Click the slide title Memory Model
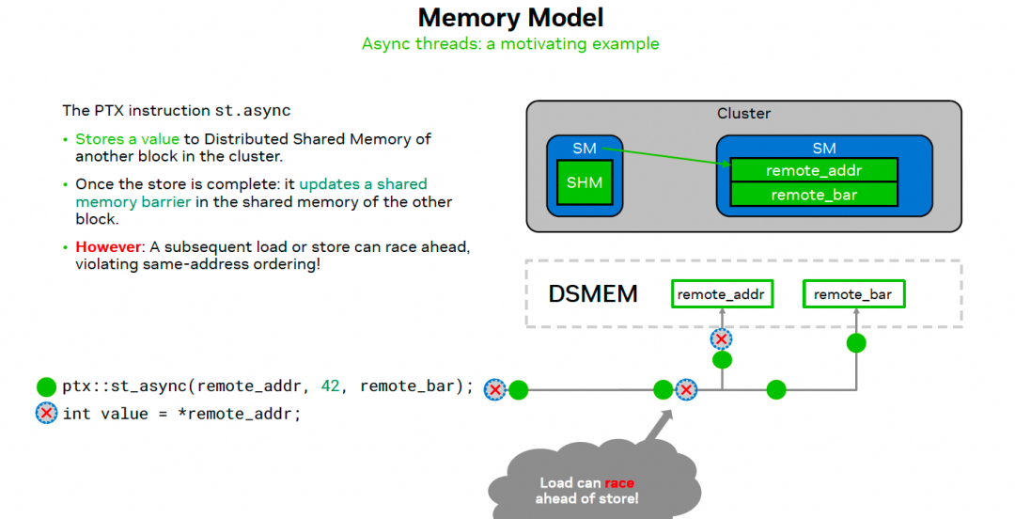[x=510, y=17]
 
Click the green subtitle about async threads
[x=510, y=43]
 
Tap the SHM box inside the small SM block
[x=584, y=183]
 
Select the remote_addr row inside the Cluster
[x=815, y=170]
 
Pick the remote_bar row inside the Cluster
[x=815, y=195]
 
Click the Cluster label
[x=743, y=113]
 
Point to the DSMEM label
[x=593, y=294]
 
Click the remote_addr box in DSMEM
[x=722, y=294]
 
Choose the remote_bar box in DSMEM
[x=853, y=294]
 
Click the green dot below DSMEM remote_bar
[x=855, y=342]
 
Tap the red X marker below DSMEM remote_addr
[x=721, y=338]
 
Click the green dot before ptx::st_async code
[x=46, y=386]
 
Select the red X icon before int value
[x=46, y=413]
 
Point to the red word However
[x=107, y=246]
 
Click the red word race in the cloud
[x=619, y=483]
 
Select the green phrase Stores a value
[x=127, y=139]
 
